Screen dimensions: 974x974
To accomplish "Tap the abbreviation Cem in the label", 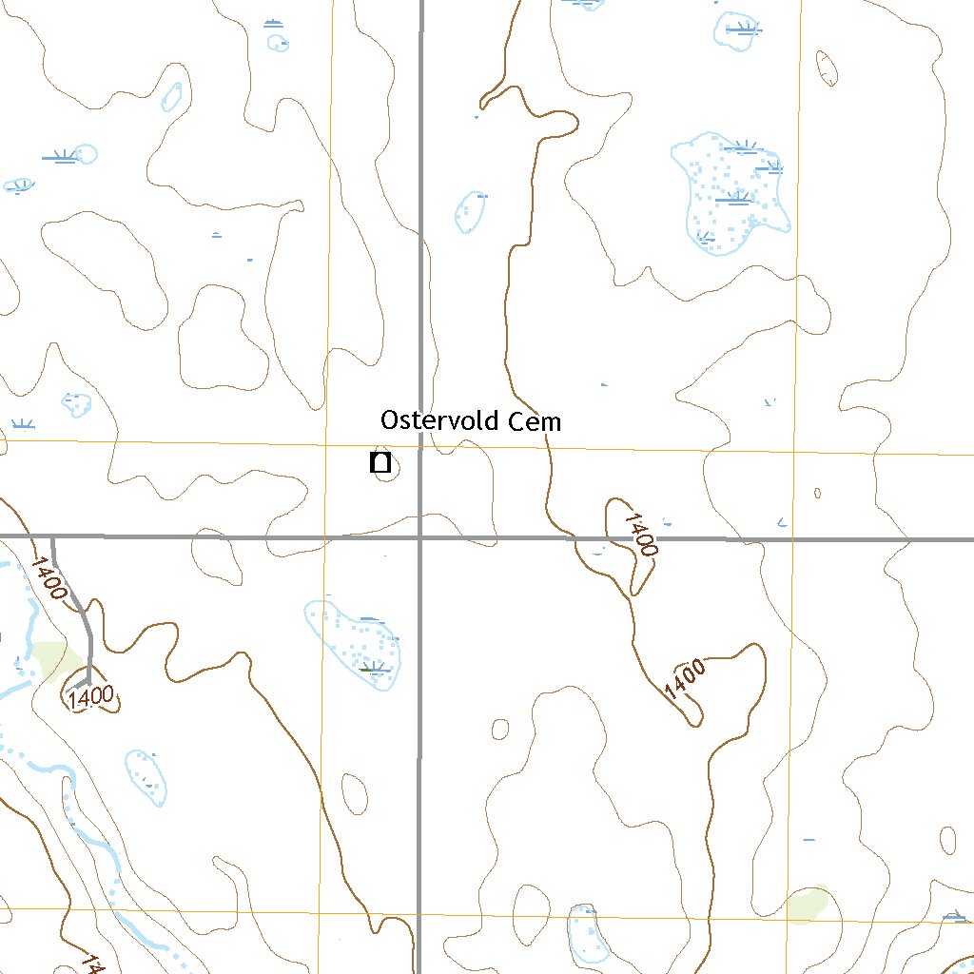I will [x=537, y=421].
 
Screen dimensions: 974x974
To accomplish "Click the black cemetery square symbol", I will [x=380, y=464].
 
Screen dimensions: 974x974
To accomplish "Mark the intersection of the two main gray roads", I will [x=419, y=537].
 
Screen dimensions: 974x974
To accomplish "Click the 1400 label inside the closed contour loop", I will [x=92, y=697].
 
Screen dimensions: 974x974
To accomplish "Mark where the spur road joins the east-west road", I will [x=52, y=537].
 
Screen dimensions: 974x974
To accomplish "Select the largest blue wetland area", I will [x=730, y=196].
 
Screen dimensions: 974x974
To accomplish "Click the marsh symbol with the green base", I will [x=374, y=669].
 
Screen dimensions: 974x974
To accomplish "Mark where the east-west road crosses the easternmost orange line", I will [x=791, y=538].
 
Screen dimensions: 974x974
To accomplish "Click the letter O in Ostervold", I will [x=388, y=420].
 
